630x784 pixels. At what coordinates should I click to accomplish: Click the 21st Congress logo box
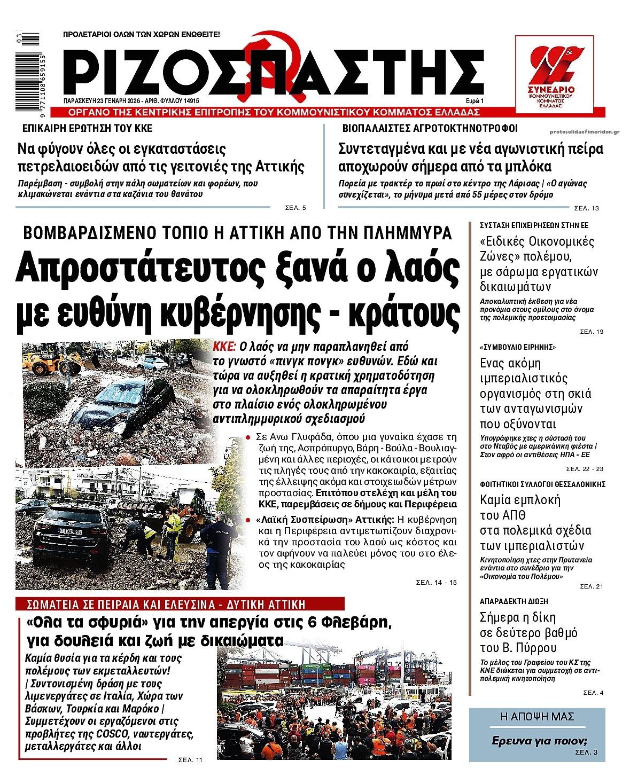(x=554, y=74)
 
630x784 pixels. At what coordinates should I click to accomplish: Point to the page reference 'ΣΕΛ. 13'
(x=586, y=208)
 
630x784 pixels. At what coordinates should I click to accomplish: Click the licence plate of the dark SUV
(x=70, y=531)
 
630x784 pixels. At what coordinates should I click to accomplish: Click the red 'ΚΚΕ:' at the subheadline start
(x=224, y=346)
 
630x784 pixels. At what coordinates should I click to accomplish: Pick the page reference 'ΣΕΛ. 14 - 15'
(x=436, y=582)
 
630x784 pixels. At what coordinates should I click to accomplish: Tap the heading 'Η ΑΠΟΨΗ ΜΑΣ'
(x=536, y=717)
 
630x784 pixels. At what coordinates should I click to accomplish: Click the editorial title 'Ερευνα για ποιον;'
(x=539, y=741)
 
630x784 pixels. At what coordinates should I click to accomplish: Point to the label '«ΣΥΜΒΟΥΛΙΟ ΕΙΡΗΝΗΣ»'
(x=510, y=347)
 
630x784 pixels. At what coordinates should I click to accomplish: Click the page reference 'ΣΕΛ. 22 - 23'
(x=585, y=469)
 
